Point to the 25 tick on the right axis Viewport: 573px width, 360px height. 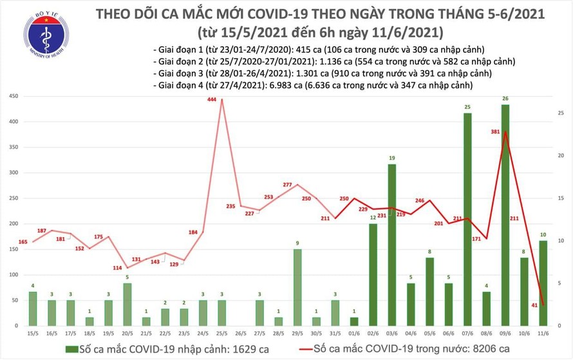point(561,113)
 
